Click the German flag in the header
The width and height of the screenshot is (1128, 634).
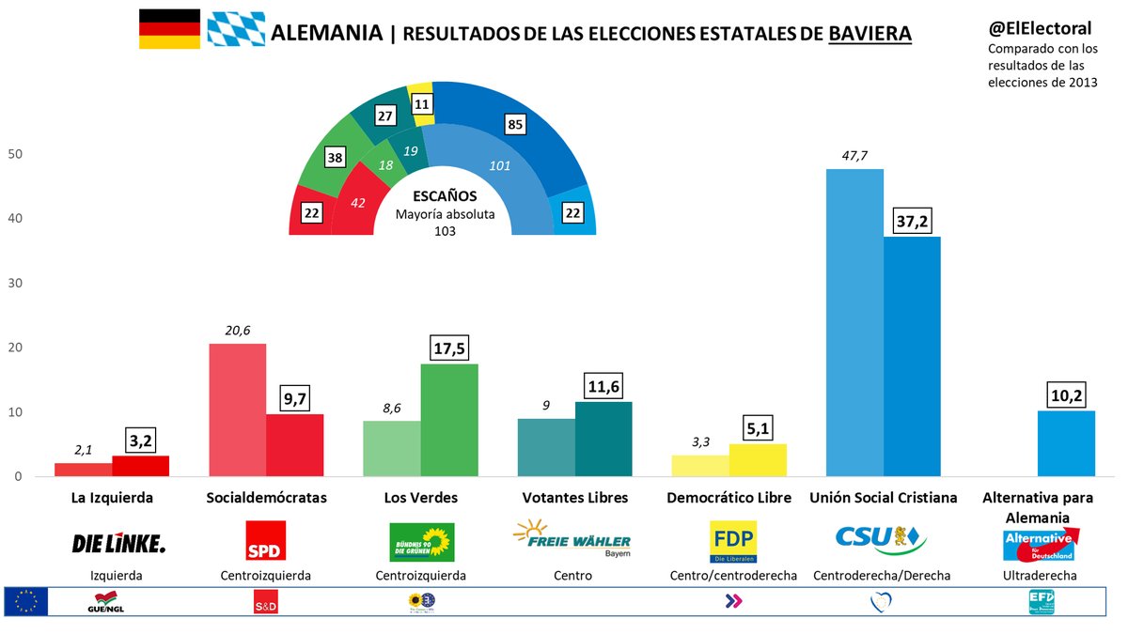pos(170,29)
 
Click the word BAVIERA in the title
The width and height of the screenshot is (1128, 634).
pos(869,34)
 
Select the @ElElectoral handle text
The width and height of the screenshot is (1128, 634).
pos(1039,28)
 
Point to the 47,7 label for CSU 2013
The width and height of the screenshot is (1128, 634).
pos(854,154)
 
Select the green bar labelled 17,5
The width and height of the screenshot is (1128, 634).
pos(449,420)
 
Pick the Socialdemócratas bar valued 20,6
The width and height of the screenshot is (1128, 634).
pos(237,410)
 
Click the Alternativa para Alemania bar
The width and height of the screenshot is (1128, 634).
pos(1066,443)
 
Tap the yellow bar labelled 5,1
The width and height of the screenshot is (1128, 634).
pos(758,460)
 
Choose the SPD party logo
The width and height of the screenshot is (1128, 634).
pos(265,542)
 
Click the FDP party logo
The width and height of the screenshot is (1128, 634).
pos(733,542)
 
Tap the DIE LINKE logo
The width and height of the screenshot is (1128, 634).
pos(118,543)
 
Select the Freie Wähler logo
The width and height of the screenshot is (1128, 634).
pos(572,540)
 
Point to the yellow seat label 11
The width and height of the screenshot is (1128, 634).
pos(422,105)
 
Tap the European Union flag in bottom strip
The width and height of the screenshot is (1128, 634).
pos(25,602)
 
